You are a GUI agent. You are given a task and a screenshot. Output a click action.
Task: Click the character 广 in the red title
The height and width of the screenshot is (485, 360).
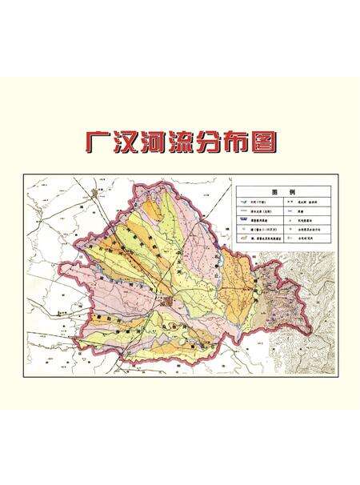pyautogui.click(x=98, y=142)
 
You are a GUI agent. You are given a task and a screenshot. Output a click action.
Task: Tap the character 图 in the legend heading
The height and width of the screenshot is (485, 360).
pyautogui.click(x=275, y=193)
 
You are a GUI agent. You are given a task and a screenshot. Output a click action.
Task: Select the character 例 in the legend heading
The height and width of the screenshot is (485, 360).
pyautogui.click(x=292, y=193)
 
